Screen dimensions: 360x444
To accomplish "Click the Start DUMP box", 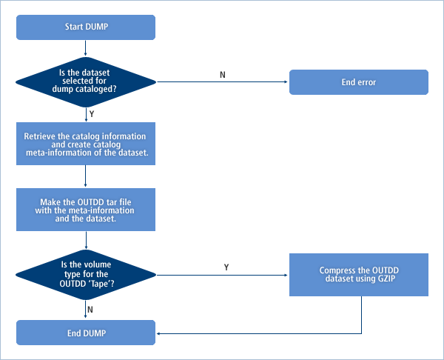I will tap(86, 27).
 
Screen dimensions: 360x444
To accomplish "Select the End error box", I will tap(358, 81).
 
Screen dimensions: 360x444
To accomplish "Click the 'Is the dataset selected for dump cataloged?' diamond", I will tap(86, 81).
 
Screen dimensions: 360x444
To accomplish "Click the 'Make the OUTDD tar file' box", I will tap(86, 209).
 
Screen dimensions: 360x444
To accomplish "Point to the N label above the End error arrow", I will tap(223, 74).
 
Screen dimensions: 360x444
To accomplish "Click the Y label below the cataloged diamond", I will tap(91, 114).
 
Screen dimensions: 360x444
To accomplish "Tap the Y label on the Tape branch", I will tap(225, 267).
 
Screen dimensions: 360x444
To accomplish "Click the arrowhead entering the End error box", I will tap(286, 81).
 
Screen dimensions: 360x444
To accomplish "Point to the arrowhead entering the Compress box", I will tap(286, 276).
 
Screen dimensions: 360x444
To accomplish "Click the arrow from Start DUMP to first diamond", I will tap(86, 47).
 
